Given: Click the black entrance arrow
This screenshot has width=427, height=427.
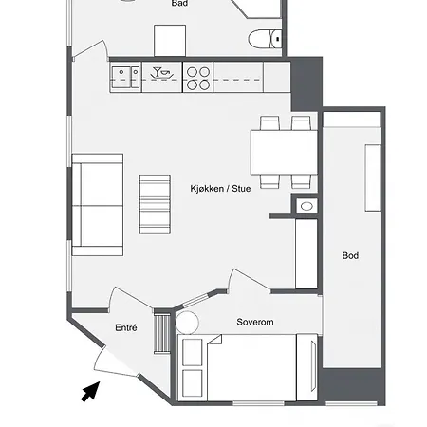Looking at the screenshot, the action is pos(91,392).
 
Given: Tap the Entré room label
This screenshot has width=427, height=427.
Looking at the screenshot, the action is pos(126,327).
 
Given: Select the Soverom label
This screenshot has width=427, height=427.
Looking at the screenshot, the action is pos(255,322).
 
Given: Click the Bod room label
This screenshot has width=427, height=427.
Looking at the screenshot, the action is pos(350,255).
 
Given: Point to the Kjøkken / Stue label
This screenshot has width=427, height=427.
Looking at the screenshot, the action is pos(220,189).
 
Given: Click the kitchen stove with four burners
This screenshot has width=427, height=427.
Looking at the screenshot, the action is pos(198,77).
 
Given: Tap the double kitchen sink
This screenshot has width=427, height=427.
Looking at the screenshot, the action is pos(125,77).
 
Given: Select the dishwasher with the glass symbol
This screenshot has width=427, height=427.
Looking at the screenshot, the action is pos(162,77).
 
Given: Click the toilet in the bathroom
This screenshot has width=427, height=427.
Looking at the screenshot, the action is pos(265,39).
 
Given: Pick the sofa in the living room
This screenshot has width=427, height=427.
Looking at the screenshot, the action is pos(98,205).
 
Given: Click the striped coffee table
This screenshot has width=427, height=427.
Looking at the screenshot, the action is pos(155,204).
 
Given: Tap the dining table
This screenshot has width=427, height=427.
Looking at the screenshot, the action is pos(284,152).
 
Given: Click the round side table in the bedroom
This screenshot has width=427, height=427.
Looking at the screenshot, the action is pos(187,323).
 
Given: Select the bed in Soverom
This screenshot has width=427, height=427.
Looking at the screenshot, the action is pos(247,368).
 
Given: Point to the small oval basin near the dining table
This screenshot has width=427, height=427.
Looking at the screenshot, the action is pos(306,207).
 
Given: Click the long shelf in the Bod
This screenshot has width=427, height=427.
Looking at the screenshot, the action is pos(373,177).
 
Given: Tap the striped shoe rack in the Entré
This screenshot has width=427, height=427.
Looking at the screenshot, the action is pos(162,333).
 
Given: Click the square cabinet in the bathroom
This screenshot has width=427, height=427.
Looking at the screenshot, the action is pos(170,41).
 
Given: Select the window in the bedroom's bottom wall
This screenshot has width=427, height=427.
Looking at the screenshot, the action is pos(258,403).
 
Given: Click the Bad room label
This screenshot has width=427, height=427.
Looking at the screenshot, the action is pos(179,3).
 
